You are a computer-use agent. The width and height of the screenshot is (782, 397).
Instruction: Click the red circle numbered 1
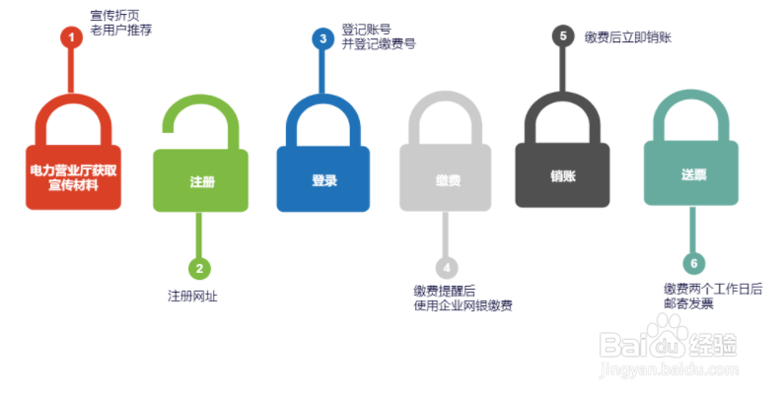[x=70, y=37]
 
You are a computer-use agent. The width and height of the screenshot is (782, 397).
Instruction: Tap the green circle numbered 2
[x=200, y=267]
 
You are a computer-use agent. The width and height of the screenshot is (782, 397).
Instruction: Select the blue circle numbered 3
[x=322, y=38]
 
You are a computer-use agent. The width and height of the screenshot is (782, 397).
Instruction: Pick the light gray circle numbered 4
[x=447, y=267]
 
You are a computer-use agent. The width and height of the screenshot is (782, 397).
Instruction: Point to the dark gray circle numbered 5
[x=562, y=35]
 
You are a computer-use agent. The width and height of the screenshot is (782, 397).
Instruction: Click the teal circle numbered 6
[x=694, y=263]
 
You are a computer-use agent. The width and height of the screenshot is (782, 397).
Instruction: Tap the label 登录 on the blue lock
[x=324, y=180]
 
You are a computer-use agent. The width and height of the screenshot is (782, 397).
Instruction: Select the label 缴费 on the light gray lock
[x=447, y=181]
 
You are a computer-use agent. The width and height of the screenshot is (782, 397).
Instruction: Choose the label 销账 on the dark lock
[x=562, y=175]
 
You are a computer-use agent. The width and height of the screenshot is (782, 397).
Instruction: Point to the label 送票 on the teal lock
[x=693, y=174]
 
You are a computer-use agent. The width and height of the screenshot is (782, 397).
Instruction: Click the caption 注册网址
[x=191, y=296]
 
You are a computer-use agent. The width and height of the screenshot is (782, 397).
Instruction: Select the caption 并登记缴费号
[x=379, y=43]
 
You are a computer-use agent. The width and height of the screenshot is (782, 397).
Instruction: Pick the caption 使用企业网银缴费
[x=462, y=305]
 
